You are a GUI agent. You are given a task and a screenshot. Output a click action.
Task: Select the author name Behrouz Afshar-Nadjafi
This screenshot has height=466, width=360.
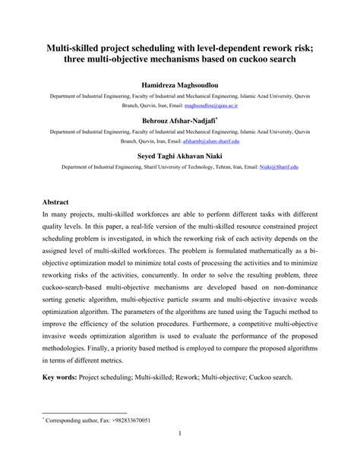pyautogui.click(x=179, y=120)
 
